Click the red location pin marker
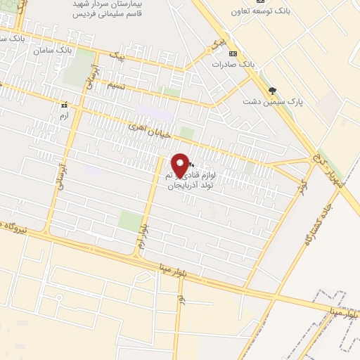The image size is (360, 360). pos(181,166)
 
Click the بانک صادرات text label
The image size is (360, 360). pos(234,64)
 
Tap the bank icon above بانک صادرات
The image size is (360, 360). pos(234,53)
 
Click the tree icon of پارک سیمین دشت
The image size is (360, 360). pos(272,90)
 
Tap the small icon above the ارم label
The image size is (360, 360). pos(64,105)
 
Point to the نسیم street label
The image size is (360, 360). pos(117,85)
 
